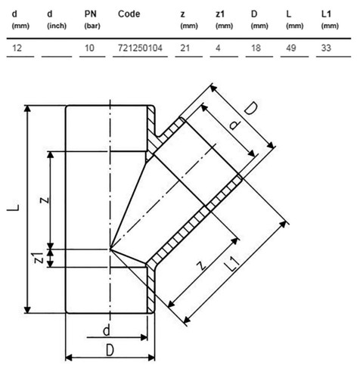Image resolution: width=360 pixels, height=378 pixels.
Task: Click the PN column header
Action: pos(92,19)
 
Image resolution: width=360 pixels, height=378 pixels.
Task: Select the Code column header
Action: pos(129,14)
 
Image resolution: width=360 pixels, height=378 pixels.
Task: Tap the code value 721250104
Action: pos(140,48)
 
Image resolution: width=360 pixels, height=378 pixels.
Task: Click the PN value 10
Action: pos(89,48)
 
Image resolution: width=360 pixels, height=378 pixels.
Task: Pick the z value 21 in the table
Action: pos(185,48)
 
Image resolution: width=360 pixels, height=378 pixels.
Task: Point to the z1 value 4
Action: pos(218,48)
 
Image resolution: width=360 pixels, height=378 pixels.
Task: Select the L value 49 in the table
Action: pos(291,48)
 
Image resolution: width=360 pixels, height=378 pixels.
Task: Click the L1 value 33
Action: pos(326,48)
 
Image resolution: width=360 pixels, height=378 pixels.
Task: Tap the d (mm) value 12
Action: pos(17,48)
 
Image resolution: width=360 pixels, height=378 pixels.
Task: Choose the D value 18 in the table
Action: pos(256,48)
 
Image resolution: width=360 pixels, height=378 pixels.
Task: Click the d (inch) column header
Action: pos(57,19)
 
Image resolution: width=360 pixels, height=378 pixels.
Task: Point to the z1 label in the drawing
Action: pos(39,258)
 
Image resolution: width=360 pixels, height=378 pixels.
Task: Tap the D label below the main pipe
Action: pos(110,350)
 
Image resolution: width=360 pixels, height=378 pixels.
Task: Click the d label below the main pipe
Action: pos(107,330)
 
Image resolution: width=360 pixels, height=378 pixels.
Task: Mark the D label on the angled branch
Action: pos(251,109)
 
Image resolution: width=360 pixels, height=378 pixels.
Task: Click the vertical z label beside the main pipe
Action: pos(45,200)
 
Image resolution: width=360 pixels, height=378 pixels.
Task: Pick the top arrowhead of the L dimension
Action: pos(27,109)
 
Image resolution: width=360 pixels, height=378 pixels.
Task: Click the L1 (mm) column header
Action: pos(330,19)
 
